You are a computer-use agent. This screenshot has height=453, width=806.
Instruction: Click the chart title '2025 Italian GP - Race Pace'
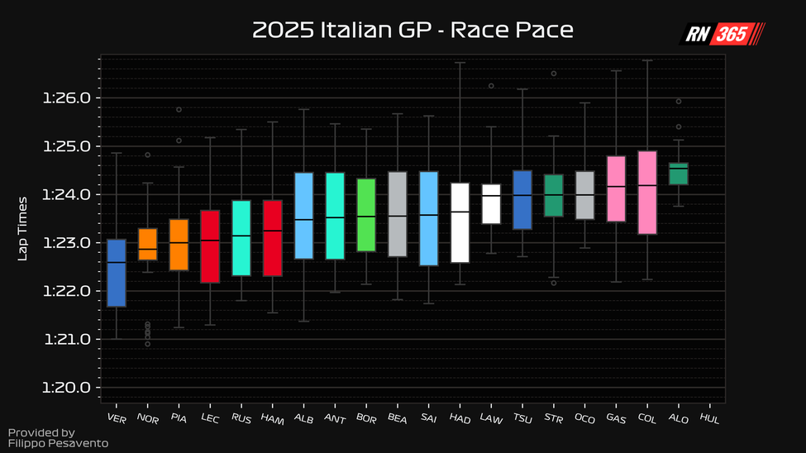pyautogui.click(x=413, y=31)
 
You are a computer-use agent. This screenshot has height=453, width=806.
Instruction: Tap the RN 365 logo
pyautogui.click(x=722, y=33)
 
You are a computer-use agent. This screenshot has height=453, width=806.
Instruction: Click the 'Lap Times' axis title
pyautogui.click(x=23, y=228)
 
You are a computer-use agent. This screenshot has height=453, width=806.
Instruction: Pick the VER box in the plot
pyautogui.click(x=117, y=273)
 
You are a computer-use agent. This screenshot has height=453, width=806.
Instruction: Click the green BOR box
pyautogui.click(x=366, y=215)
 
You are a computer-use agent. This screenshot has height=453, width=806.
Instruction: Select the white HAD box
pyautogui.click(x=460, y=222)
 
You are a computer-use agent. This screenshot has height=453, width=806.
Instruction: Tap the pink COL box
pyautogui.click(x=647, y=193)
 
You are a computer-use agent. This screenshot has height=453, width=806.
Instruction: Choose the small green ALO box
pyautogui.click(x=679, y=174)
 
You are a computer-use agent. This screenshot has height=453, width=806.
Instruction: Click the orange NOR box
pyautogui.click(x=148, y=244)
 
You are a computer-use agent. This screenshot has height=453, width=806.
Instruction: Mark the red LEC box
pyautogui.click(x=210, y=246)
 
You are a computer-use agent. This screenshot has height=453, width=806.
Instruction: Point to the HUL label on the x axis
pyautogui.click(x=708, y=419)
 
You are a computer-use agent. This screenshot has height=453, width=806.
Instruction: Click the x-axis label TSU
pyautogui.click(x=522, y=419)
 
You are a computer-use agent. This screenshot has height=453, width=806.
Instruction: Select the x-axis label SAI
pyautogui.click(x=427, y=419)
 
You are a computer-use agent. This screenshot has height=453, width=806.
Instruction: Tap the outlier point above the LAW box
pyautogui.click(x=491, y=85)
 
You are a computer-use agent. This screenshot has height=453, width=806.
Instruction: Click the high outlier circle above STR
pyautogui.click(x=554, y=74)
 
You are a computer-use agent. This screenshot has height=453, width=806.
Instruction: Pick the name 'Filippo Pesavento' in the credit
pyautogui.click(x=58, y=444)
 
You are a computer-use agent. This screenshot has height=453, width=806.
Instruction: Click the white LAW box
pyautogui.click(x=491, y=203)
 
